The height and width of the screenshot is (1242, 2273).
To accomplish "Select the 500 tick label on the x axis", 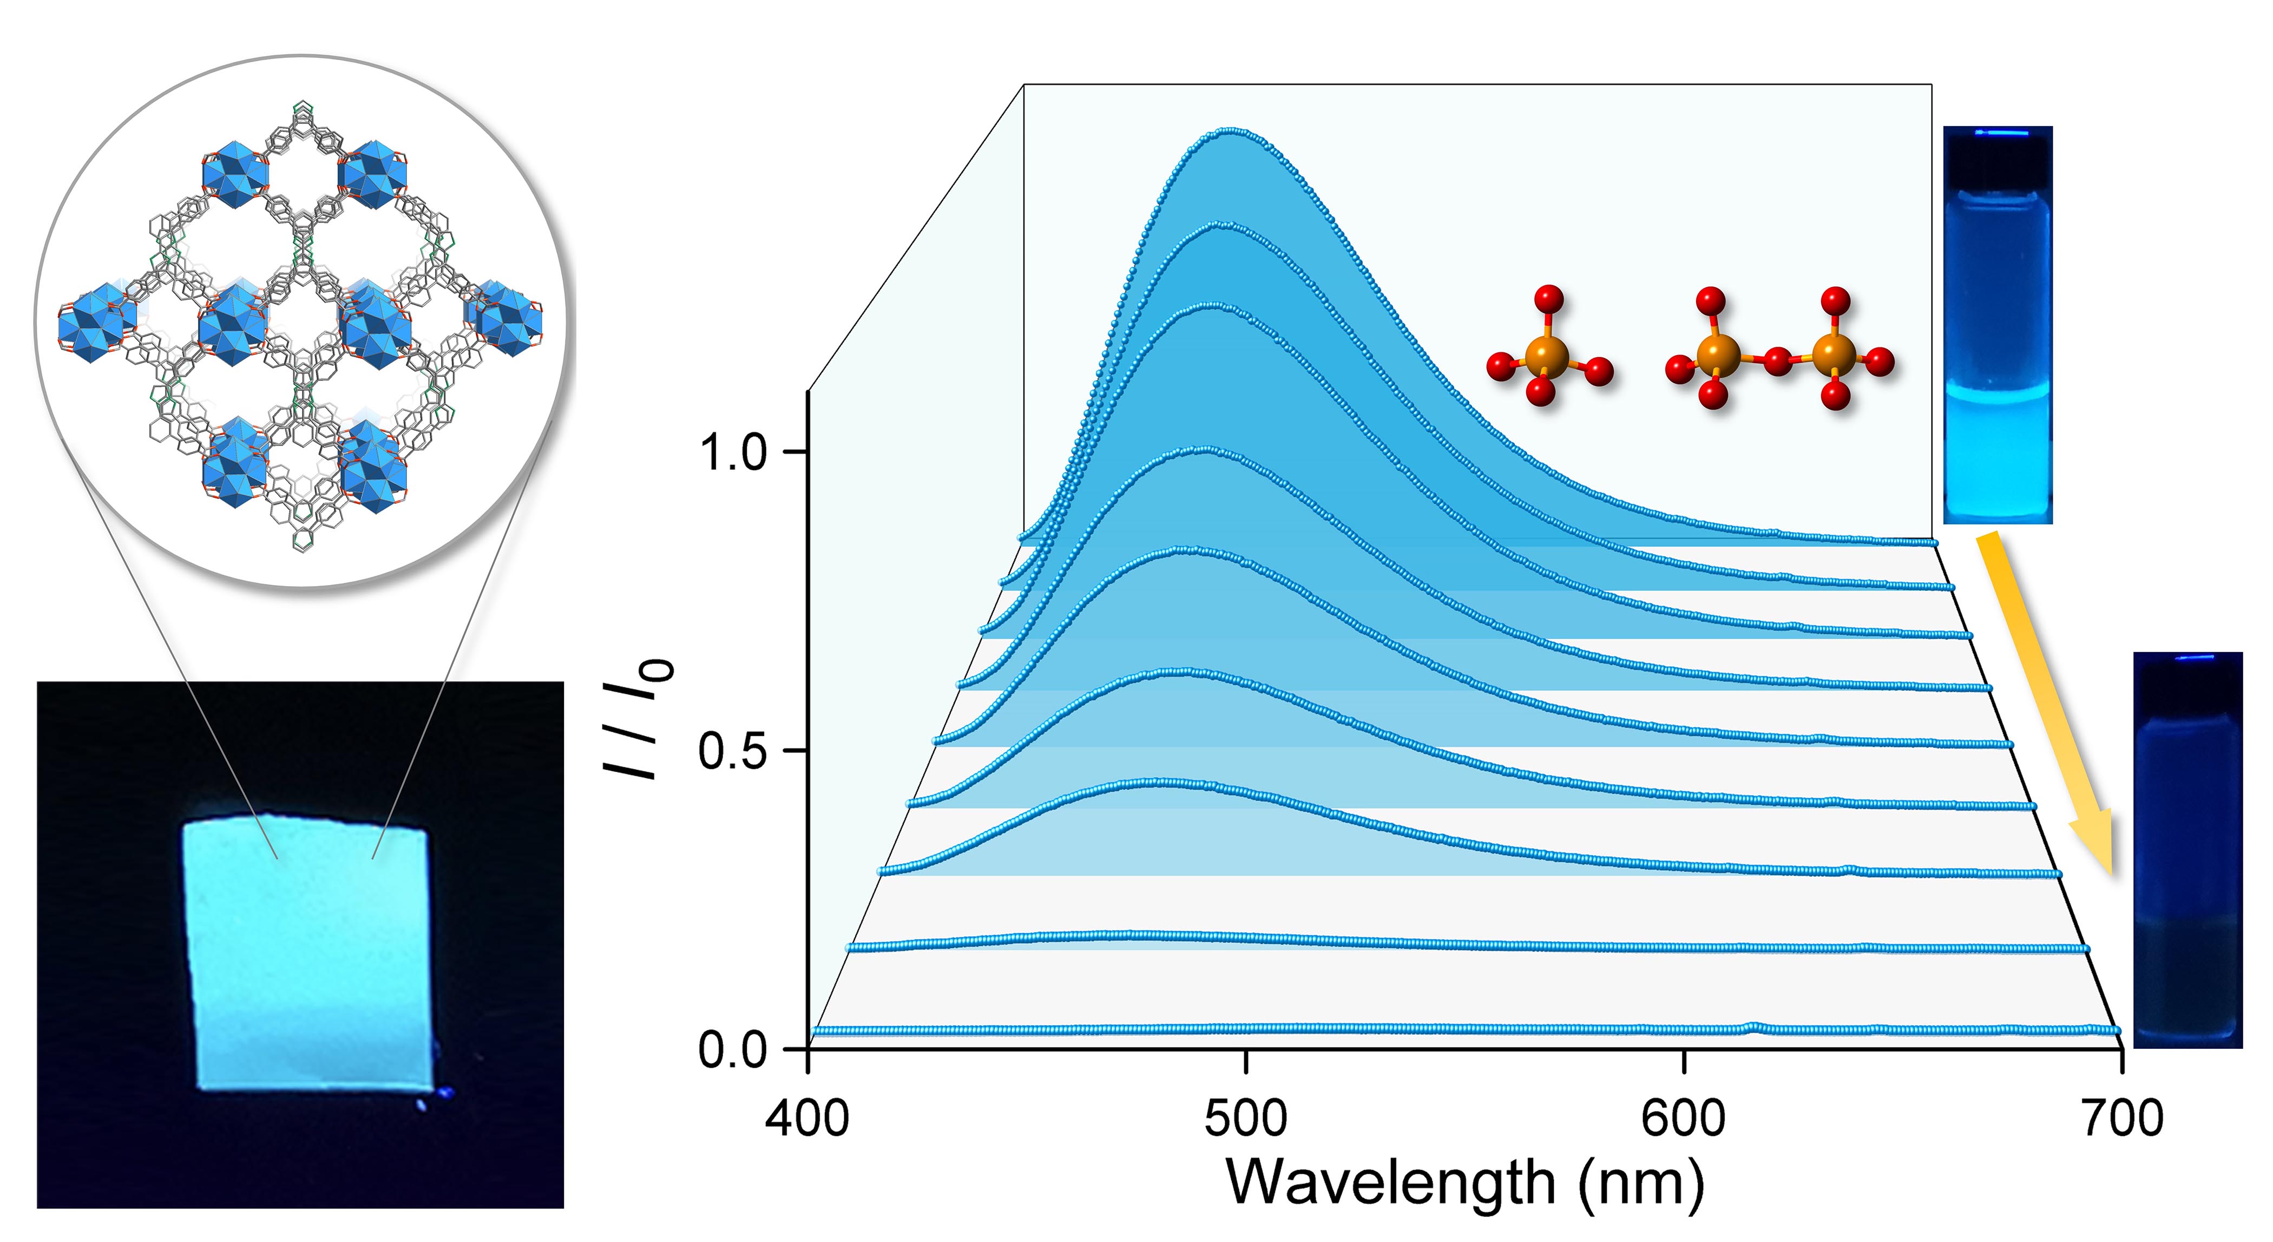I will [1245, 1119].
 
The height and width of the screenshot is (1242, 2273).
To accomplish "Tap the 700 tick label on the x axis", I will [2121, 1119].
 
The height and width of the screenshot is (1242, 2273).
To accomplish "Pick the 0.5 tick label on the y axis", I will [732, 752].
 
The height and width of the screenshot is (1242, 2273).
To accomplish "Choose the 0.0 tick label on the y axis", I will [732, 1050].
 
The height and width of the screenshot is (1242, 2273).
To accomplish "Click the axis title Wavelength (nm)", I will [1465, 1182].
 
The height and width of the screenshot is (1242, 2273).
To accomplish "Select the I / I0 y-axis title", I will [637, 718].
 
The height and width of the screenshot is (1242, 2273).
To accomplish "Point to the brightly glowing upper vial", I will [1998, 326].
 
